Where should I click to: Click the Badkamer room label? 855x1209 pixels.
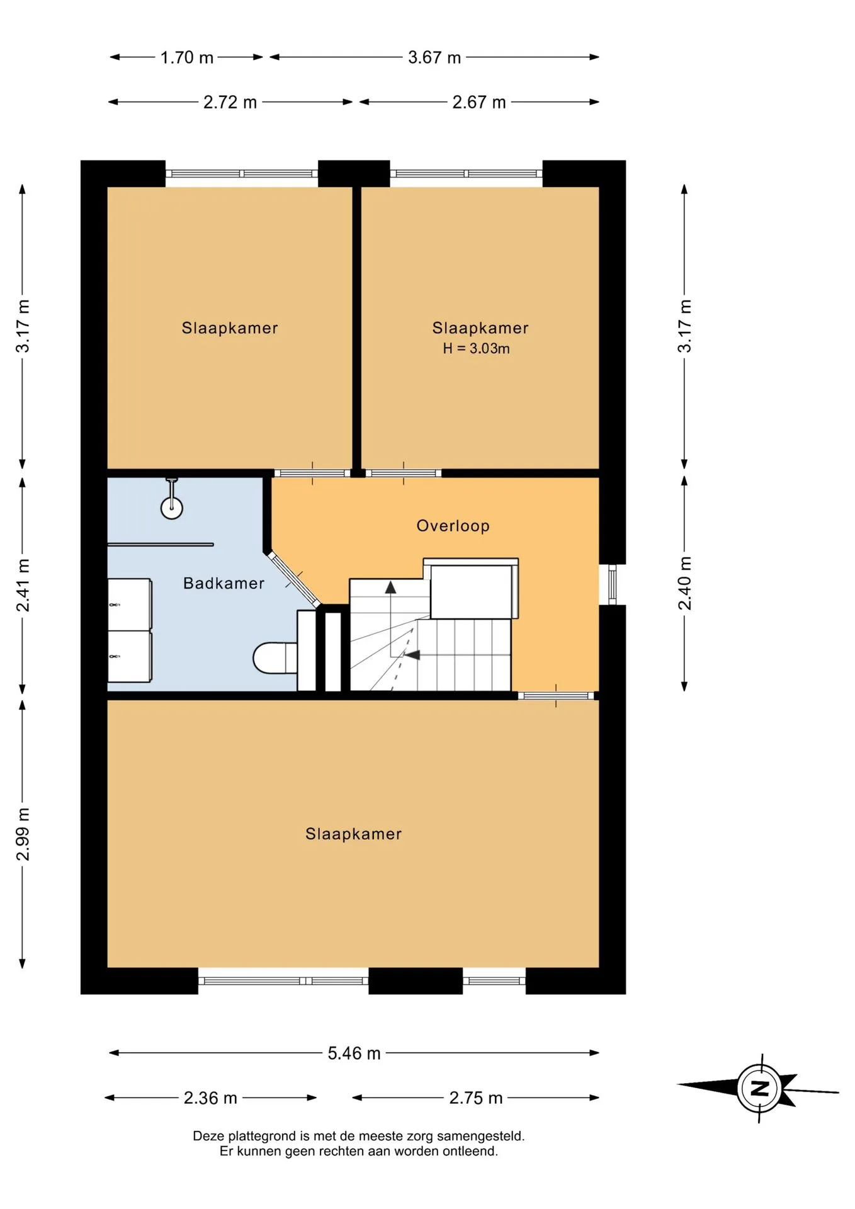point(224,583)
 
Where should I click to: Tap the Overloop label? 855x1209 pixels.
point(453,526)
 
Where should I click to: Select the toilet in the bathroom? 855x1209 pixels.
point(275,658)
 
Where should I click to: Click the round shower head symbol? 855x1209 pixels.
point(172,508)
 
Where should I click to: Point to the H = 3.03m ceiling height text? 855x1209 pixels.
point(476,348)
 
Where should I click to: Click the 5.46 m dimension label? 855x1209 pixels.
point(354,1053)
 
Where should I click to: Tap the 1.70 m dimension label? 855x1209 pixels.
point(186,58)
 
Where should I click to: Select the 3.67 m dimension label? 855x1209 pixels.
point(434,58)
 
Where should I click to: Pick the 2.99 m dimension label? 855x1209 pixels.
point(23,834)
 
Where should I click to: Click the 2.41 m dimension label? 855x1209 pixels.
point(23,585)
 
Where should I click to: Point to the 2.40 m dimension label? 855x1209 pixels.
point(684,583)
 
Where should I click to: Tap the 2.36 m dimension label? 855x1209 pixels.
point(210,1098)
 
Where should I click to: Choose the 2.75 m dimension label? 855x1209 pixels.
point(476,1098)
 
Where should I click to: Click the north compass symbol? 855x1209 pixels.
point(759,1088)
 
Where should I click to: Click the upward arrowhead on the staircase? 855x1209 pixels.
point(390,587)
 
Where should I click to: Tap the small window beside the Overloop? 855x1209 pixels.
point(612,584)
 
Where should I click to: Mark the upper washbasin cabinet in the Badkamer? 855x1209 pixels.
point(130,604)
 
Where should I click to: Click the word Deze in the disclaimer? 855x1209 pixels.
point(208,1136)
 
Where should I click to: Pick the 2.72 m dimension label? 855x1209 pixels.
point(230,103)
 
